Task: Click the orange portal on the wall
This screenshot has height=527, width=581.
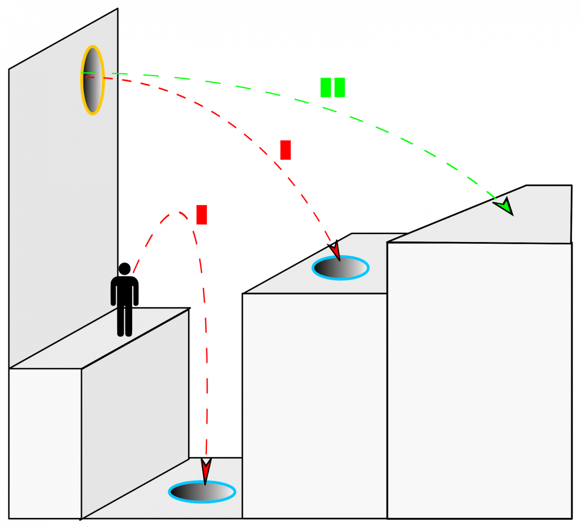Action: click(x=92, y=80)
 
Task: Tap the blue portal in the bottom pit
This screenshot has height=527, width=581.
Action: click(x=202, y=492)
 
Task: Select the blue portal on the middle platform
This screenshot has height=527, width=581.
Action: click(x=340, y=268)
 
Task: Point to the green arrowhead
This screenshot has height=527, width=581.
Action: click(x=505, y=206)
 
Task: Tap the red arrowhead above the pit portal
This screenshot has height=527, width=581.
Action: click(x=206, y=469)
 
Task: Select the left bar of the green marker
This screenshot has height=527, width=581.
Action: click(x=326, y=88)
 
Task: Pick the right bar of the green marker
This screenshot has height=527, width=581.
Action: click(x=340, y=88)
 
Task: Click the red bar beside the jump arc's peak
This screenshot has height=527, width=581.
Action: click(x=201, y=215)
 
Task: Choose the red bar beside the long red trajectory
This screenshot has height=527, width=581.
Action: click(x=285, y=150)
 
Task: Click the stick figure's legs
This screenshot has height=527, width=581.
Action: click(x=124, y=322)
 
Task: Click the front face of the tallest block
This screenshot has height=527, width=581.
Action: click(x=479, y=380)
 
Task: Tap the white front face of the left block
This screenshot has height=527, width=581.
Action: click(x=45, y=443)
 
